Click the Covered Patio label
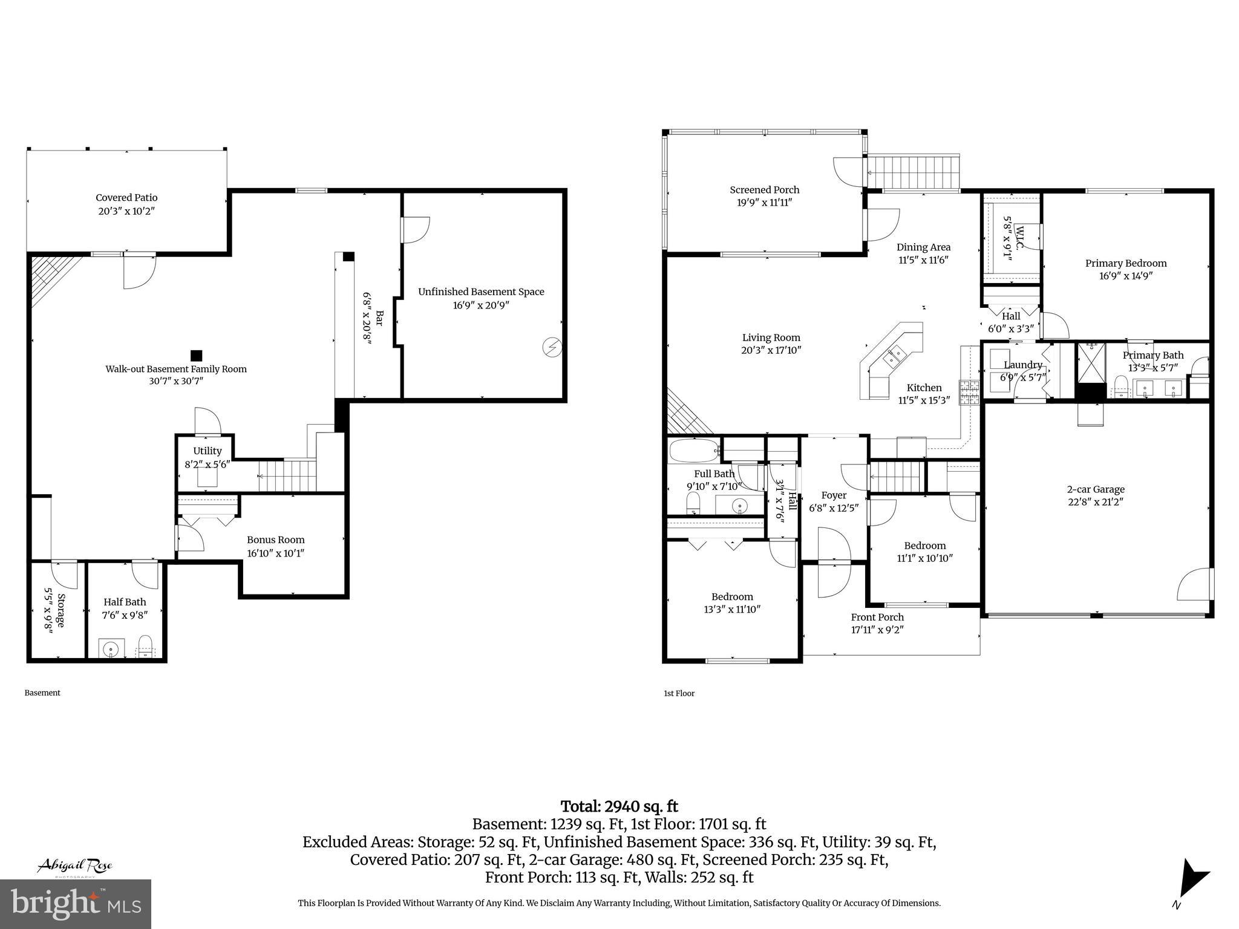[126, 198]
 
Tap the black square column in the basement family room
[196, 356]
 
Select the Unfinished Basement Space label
[481, 292]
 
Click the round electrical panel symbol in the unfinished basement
[552, 347]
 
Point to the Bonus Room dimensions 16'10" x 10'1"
[275, 553]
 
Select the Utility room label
[208, 451]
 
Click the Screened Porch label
[764, 190]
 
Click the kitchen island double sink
[893, 357]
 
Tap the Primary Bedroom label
[1125, 263]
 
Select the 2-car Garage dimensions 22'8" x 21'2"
[1096, 502]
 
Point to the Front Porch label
[877, 617]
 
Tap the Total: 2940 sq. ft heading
[619, 807]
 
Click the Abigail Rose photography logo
[75, 866]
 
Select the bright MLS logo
[75, 904]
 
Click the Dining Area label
[923, 247]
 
